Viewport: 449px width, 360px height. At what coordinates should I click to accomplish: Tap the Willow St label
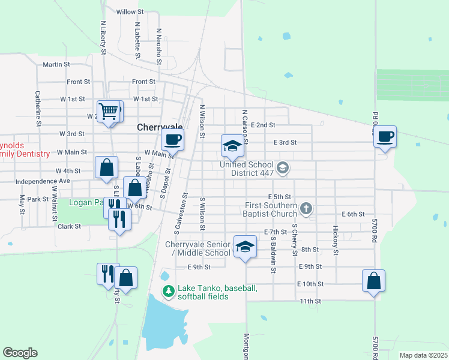(130, 11)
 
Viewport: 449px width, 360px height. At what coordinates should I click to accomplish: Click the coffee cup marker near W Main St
(172, 140)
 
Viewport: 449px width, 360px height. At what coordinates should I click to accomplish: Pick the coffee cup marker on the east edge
(385, 137)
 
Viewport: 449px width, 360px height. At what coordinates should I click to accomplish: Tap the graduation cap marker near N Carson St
(232, 146)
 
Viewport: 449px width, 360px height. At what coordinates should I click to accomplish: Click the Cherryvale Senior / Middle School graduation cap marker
(245, 247)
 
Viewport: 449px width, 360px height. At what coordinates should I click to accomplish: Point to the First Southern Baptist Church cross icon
(306, 209)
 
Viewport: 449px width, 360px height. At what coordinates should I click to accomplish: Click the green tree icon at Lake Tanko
(169, 292)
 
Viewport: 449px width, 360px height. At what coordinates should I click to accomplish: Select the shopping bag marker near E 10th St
(373, 281)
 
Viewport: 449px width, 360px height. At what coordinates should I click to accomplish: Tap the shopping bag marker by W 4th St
(106, 168)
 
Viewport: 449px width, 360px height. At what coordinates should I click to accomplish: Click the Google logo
(20, 353)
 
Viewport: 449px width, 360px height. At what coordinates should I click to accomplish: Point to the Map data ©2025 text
(423, 355)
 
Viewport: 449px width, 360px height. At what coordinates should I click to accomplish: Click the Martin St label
(56, 64)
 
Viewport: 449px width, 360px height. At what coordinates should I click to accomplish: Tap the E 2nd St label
(263, 125)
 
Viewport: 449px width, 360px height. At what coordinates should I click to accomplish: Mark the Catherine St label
(37, 104)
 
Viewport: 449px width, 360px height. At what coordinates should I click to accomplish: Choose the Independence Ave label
(43, 181)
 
